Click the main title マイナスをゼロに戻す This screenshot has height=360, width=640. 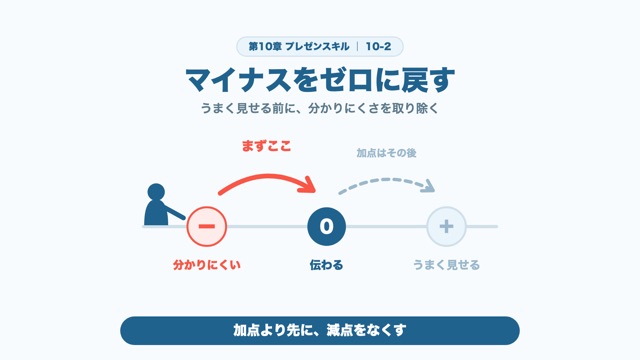tap(320, 80)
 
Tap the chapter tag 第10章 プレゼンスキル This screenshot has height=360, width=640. tap(299, 47)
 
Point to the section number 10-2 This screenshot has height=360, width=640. tap(378, 47)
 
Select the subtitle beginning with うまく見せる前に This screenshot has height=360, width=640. tap(320, 109)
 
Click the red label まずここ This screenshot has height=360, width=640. tap(267, 146)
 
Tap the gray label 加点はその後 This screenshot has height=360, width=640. tap(386, 153)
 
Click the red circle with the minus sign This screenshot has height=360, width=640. tap(207, 227)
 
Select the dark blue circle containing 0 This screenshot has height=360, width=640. tap(327, 227)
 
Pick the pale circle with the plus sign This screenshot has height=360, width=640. tap(447, 227)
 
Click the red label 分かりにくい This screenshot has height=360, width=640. tap(207, 265)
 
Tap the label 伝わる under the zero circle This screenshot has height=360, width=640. tap(326, 265)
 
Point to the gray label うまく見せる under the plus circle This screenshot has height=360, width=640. tap(446, 265)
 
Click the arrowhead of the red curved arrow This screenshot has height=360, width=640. tap(311, 186)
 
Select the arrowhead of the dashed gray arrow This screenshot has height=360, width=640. tap(429, 187)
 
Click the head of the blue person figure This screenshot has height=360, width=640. tap(156, 192)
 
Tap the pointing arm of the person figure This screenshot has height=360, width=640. tap(175, 213)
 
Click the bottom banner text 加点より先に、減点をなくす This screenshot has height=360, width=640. tap(320, 330)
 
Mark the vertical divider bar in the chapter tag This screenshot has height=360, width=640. tap(358, 47)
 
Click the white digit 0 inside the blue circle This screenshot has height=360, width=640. tap(327, 227)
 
